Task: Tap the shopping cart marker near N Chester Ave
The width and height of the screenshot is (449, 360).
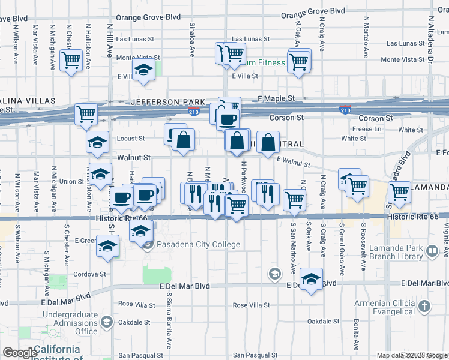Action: [x=71, y=60]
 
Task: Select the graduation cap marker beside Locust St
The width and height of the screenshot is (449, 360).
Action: [x=97, y=143]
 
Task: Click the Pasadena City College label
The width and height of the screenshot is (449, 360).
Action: [x=199, y=244]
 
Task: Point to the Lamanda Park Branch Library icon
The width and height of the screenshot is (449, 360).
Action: [x=432, y=250]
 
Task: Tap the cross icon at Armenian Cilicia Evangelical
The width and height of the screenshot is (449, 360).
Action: [x=424, y=307]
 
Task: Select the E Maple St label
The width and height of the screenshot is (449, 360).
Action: [x=277, y=98]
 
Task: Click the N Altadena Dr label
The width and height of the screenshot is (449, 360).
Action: [x=431, y=40]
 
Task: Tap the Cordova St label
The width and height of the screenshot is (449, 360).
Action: [x=91, y=274]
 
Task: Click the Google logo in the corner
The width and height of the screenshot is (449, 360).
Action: [x=20, y=353]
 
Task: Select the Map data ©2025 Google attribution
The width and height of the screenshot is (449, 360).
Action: [x=411, y=355]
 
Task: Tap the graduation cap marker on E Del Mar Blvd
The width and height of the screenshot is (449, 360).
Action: [x=311, y=280]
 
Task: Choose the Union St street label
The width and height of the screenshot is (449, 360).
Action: [x=71, y=181]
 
